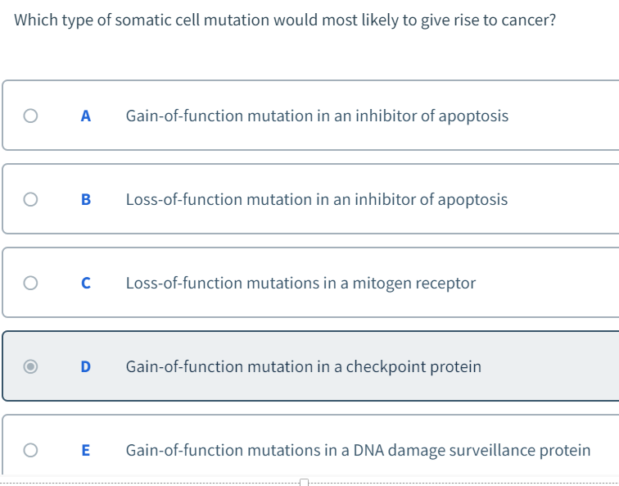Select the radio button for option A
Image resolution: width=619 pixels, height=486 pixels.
tap(30, 116)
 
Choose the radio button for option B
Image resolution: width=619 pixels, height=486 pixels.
tap(30, 199)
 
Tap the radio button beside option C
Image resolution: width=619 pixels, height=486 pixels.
tap(30, 283)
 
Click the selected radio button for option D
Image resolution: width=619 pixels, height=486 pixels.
tap(30, 366)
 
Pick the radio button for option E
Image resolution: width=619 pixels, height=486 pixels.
tap(30, 450)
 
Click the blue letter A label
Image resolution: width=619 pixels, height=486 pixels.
tap(85, 116)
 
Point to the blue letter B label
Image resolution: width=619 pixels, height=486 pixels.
tap(86, 199)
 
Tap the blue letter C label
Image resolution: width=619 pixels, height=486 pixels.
tap(86, 283)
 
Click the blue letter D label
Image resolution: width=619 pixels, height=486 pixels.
tap(86, 366)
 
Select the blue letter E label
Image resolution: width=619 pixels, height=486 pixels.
tap(86, 450)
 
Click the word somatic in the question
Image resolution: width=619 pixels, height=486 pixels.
tap(142, 20)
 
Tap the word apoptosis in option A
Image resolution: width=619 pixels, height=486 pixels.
tap(473, 116)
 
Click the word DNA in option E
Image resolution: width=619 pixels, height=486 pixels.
tap(369, 450)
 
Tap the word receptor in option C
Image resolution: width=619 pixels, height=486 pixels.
tap(445, 283)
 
